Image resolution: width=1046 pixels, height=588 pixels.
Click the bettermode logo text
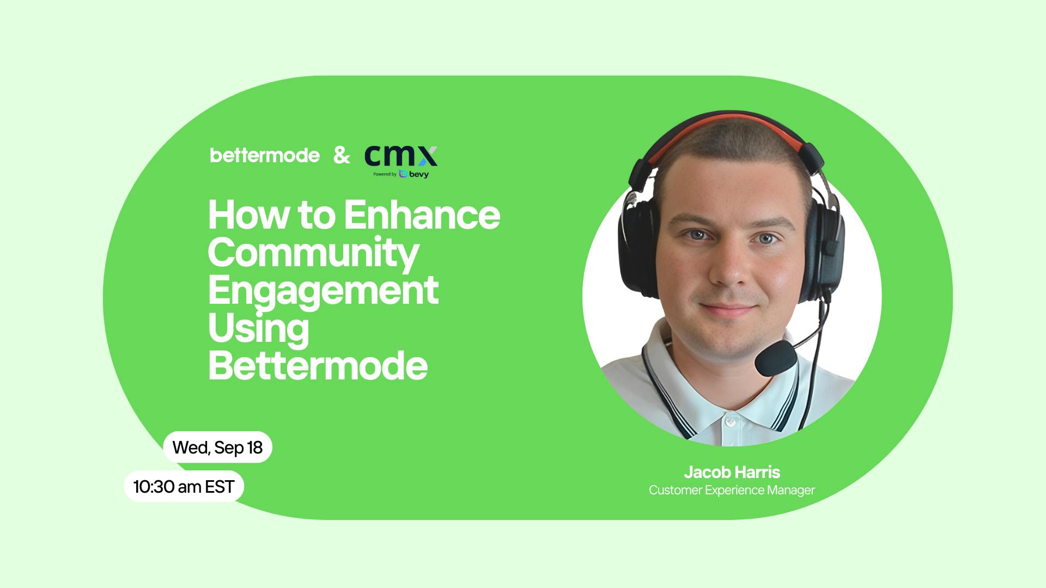point(265,155)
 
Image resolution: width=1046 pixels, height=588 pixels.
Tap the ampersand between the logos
point(342,156)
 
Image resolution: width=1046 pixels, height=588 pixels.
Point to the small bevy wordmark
point(418,174)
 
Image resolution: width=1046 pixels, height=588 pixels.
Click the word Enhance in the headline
point(422,215)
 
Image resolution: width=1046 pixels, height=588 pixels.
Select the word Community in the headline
point(313,254)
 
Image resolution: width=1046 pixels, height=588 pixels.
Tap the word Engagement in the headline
point(323,291)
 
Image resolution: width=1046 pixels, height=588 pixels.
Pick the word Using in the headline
point(258,328)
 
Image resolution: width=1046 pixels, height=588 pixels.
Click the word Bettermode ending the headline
point(318,365)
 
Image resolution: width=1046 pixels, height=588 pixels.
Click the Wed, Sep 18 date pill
point(217,447)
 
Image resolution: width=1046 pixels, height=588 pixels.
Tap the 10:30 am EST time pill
point(184,486)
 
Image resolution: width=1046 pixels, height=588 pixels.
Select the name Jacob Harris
point(732,471)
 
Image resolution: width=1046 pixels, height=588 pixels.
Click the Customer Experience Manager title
point(732,490)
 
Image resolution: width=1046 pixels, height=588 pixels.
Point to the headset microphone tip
point(775,358)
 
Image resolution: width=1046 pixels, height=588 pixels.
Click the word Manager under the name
point(790,490)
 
